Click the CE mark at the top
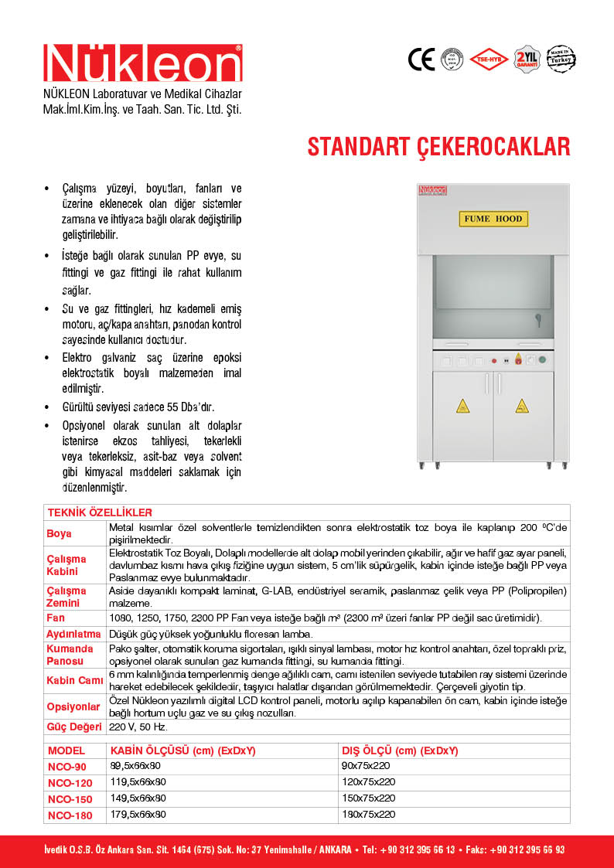tap(421, 60)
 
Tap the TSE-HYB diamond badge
tap(489, 59)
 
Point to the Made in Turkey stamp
tap(562, 58)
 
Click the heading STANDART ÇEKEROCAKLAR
tap(439, 147)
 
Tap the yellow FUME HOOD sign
tap(493, 219)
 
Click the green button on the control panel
tap(542, 360)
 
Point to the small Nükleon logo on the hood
tap(433, 189)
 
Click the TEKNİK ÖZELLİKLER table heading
tap(100, 512)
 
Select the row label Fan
tap(56, 618)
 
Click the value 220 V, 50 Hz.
tap(138, 727)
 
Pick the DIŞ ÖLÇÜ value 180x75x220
tap(368, 815)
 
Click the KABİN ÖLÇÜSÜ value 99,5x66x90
tap(138, 766)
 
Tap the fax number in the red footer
tap(526, 849)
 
